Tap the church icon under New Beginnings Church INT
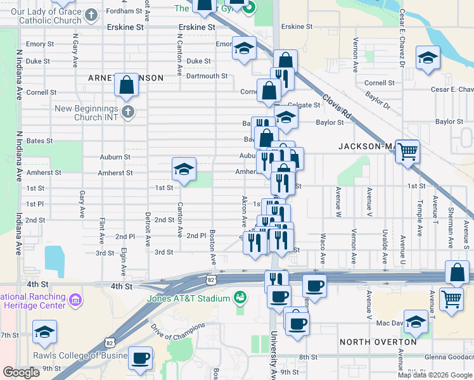point(128,113)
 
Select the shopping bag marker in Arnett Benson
point(126,85)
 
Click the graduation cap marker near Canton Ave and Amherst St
point(184,170)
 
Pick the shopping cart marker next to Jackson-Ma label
point(407,151)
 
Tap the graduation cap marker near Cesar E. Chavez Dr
point(428,58)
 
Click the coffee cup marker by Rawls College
point(141,358)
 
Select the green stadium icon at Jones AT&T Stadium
point(240,296)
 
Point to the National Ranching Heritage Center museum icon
point(74,298)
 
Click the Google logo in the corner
point(21,372)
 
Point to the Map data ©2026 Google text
point(435,375)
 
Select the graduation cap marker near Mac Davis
point(416,321)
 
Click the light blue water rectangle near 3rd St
point(54,257)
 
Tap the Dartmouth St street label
point(207,76)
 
